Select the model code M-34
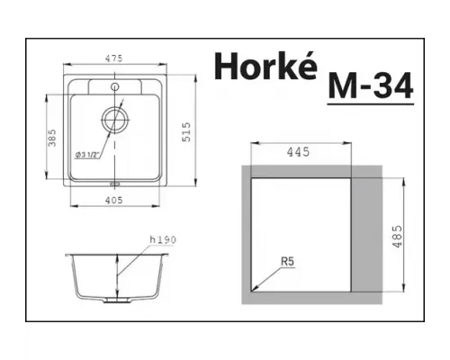point(372,86)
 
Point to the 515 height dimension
point(186,135)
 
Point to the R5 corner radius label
point(287,262)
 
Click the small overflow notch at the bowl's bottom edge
point(113,185)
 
